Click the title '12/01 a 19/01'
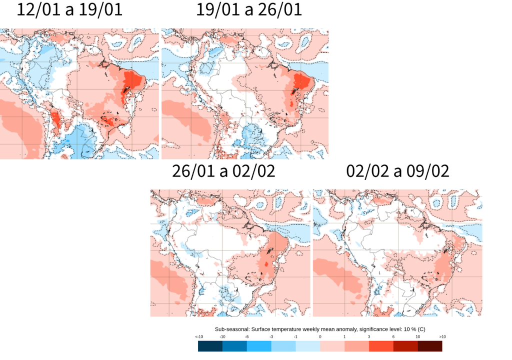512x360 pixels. pos(69,10)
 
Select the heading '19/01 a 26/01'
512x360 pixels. pos(249,10)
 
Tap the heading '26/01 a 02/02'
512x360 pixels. pos(223,171)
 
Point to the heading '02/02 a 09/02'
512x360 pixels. pos(397,171)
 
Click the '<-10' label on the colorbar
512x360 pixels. pos(198,336)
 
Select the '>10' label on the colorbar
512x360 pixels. pos(442,336)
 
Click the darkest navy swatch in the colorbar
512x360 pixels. pos(210,345)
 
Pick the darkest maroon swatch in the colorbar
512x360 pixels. pos(430,345)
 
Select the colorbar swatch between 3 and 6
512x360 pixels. pos(381,345)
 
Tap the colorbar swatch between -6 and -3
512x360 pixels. pos(259,345)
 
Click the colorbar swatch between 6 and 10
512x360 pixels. pos(405,345)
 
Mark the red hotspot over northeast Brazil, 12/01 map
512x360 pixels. pos(132,80)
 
